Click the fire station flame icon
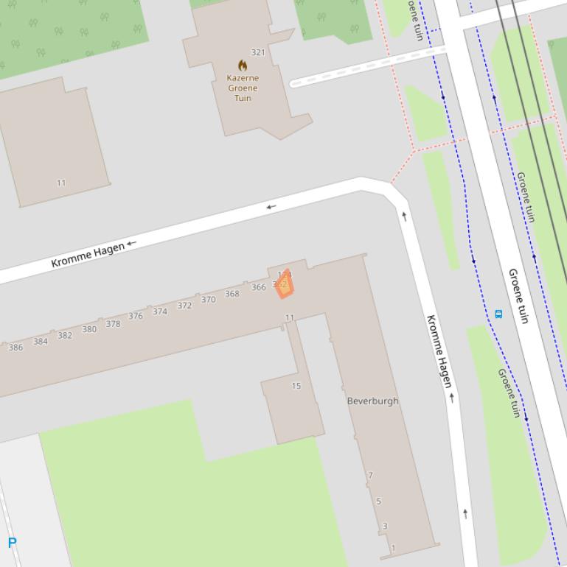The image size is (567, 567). [243, 66]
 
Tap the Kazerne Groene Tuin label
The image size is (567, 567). [243, 88]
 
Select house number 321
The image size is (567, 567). [258, 52]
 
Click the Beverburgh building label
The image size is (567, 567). [372, 401]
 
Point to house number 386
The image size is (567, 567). [15, 348]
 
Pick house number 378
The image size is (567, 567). [113, 324]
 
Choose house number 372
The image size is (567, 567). [184, 306]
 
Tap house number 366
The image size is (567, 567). [258, 287]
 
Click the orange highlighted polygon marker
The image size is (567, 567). [285, 285]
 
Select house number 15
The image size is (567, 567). [296, 386]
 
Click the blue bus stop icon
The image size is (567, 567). [498, 314]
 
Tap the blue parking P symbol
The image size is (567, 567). [12, 543]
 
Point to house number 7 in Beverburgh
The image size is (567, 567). [371, 476]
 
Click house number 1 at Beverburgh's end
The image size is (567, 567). [393, 548]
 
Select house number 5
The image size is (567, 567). [379, 501]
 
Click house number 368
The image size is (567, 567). [232, 294]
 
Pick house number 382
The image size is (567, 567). [65, 336]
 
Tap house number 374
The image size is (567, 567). [160, 311]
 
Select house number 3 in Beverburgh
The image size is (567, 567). [385, 526]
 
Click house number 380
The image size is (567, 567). [89, 329]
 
